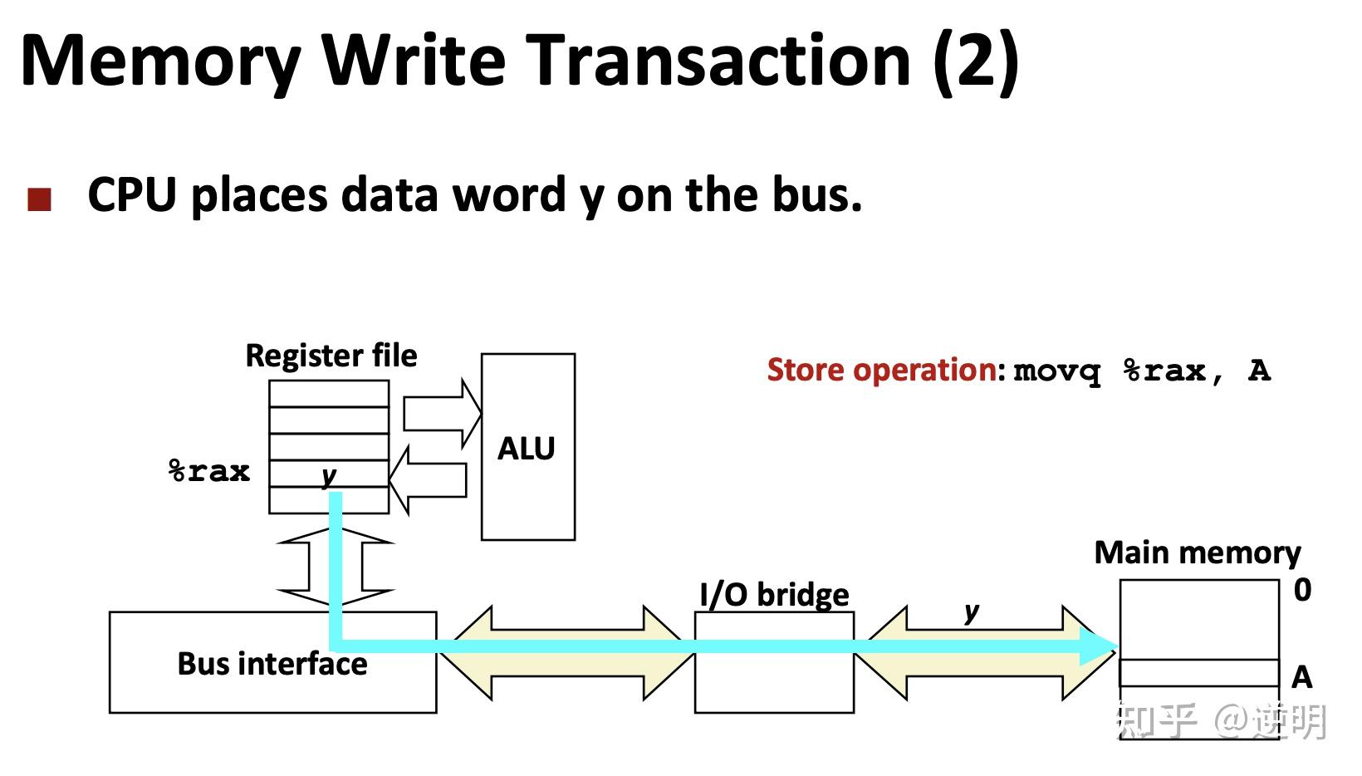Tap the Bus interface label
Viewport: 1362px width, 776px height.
pos(272,664)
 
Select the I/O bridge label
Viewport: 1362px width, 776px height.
pos(774,595)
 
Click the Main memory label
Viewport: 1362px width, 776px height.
pos(1197,553)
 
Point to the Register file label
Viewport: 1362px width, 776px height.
pos(331,356)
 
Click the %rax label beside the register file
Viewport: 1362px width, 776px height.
pos(209,471)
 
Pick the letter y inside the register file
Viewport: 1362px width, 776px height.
pos(329,475)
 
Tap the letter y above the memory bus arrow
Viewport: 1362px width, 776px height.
pos(971,613)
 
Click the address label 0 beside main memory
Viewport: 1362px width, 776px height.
pos(1302,590)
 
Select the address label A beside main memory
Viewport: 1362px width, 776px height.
pos(1302,677)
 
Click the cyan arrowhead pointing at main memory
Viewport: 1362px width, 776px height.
pos(1100,646)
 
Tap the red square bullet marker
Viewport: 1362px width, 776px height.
pos(40,199)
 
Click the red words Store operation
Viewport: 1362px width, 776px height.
pos(885,370)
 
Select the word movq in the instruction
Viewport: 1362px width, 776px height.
pos(1056,371)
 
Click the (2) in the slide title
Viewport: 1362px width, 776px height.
pos(976,61)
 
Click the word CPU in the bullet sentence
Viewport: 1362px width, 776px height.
pos(132,195)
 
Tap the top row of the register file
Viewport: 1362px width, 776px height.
pos(329,394)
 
